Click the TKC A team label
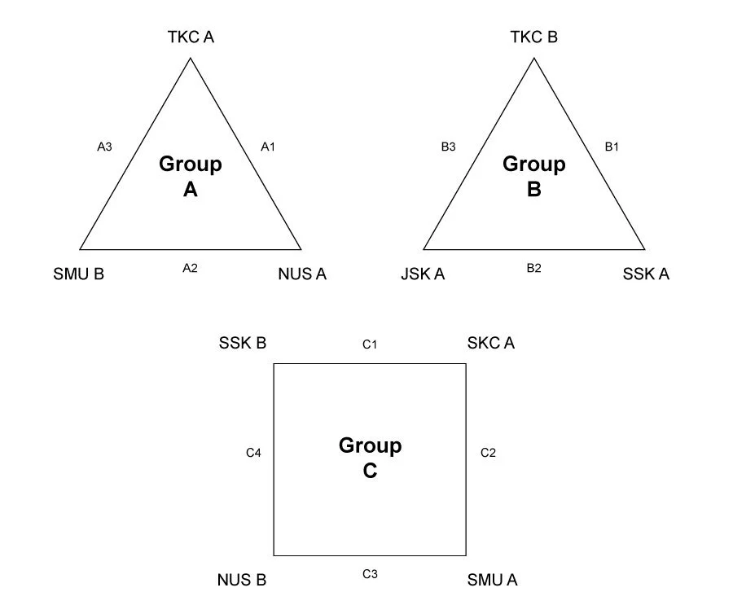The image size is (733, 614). coord(191,37)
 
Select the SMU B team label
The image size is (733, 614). coord(78,274)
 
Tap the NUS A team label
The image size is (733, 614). coord(302,274)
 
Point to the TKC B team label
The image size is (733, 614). coord(534,37)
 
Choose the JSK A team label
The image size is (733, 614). coord(423,274)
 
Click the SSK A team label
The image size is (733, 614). coord(646,274)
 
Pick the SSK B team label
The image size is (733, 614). coord(243,343)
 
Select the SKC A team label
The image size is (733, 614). coord(491,343)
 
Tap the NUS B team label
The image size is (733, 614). coord(242,581)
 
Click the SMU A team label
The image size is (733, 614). coord(492,581)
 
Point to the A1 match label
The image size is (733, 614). coord(268,147)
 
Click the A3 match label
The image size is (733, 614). coord(104,147)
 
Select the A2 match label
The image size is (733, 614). coord(190,268)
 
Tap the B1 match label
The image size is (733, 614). coord(612,147)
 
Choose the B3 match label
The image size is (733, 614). coord(448,147)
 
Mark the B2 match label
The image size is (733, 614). coord(533,268)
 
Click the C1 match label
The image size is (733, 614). coord(370,344)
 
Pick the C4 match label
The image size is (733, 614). coord(253,453)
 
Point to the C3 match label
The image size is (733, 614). coord(370,574)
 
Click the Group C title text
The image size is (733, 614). coord(370,458)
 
